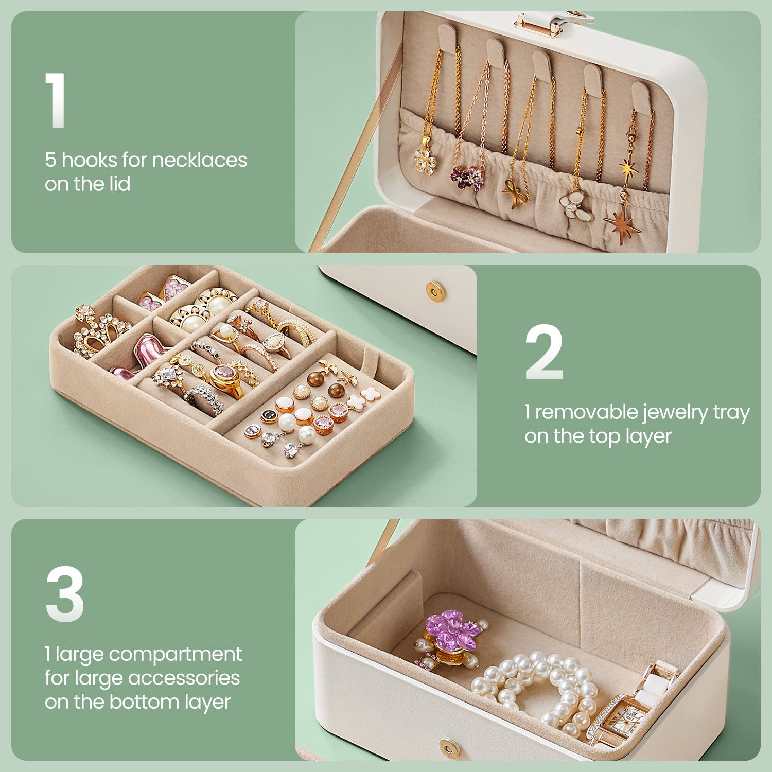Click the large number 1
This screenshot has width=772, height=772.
[56, 100]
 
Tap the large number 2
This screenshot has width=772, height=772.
[544, 353]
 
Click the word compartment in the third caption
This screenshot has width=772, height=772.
[175, 655]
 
